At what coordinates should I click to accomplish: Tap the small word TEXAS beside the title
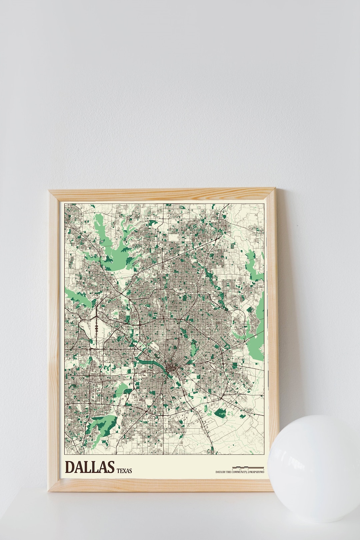tap(124, 471)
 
